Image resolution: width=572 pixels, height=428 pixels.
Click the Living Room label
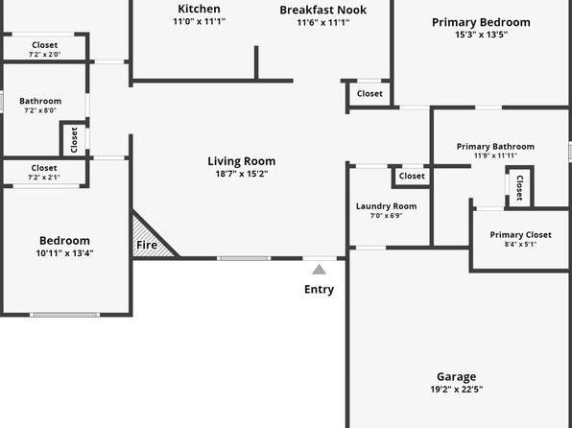[242, 161]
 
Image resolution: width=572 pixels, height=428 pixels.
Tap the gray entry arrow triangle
[320, 270]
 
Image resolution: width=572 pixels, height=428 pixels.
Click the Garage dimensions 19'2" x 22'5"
[457, 390]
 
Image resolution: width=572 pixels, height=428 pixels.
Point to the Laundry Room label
[387, 206]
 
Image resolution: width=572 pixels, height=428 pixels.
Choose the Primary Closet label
[520, 235]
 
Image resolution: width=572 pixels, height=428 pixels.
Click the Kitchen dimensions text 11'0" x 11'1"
[200, 21]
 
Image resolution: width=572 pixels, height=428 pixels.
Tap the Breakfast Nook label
[322, 10]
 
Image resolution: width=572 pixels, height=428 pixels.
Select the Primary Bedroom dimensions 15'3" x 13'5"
[481, 35]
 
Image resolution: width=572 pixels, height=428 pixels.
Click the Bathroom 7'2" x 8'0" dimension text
[40, 110]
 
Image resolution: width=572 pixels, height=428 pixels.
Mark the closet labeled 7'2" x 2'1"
[44, 173]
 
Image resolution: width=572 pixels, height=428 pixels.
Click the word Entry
[320, 290]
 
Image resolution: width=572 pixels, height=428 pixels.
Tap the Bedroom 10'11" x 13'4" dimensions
[64, 253]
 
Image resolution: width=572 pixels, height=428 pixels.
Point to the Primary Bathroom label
[495, 147]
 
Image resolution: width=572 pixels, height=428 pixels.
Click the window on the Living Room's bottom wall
[244, 258]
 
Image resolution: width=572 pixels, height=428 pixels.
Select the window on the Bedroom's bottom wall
[64, 315]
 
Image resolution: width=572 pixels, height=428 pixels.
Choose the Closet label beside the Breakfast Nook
[369, 94]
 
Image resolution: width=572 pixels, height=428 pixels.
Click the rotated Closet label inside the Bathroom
[74, 140]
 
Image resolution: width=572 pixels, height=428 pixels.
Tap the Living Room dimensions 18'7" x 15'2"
[242, 174]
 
